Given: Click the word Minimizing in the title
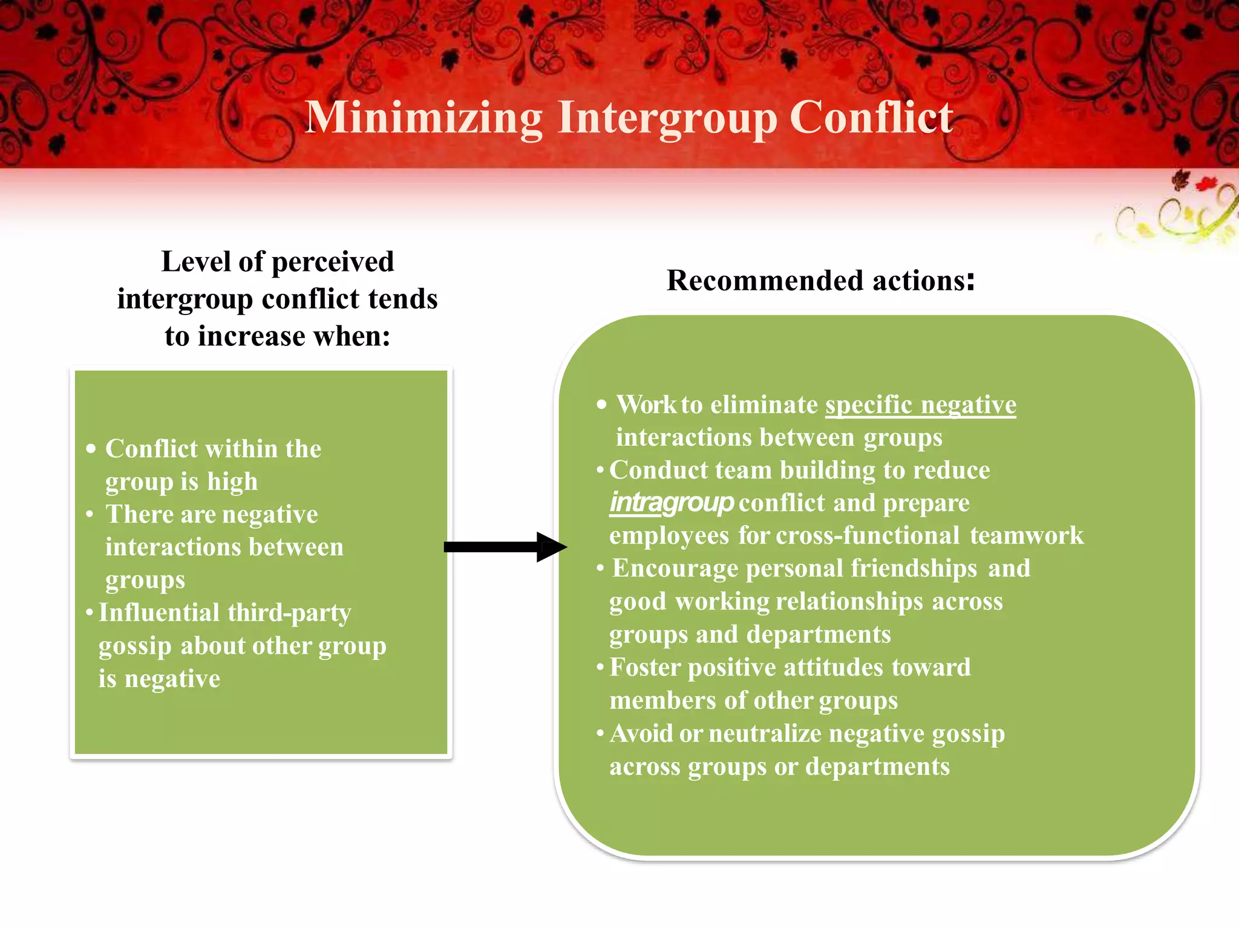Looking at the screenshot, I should pos(423,118).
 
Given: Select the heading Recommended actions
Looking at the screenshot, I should pos(820,281).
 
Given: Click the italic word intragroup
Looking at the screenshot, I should pos(672,503).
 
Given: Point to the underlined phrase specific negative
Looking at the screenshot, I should pos(921,405).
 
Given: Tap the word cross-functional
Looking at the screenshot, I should pos(868,536).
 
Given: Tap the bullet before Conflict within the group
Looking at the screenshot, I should pos(91,449).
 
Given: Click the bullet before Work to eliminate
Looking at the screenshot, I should pos(601,405).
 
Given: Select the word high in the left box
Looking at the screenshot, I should pos(232,482).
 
